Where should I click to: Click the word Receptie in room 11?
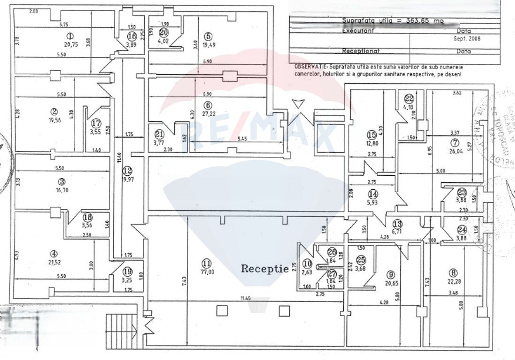[265, 268]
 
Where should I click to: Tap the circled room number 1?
[71, 36]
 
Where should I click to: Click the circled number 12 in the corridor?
[128, 170]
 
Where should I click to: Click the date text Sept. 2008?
[467, 39]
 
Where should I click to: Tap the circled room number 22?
[409, 99]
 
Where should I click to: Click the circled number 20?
[164, 32]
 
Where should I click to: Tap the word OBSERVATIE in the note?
[311, 67]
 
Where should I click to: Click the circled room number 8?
[453, 273]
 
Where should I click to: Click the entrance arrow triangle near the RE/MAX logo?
[298, 104]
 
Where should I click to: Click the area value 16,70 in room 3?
[62, 190]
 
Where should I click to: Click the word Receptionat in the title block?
[361, 51]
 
